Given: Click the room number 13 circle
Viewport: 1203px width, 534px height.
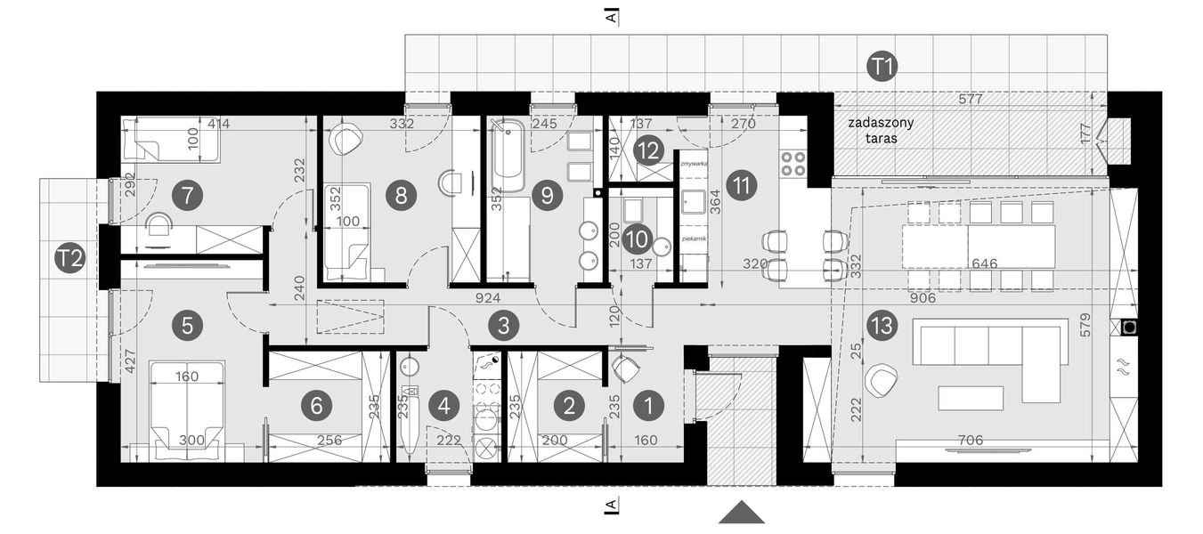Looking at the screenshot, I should (881, 327).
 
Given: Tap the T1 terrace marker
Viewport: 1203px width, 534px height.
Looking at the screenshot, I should (883, 66).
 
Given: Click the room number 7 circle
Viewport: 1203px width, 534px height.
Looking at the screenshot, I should (187, 195).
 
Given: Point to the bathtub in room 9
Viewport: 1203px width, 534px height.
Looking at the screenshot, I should (509, 158).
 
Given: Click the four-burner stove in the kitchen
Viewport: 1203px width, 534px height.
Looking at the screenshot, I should (793, 163).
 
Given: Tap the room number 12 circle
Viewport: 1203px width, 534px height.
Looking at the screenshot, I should (649, 150).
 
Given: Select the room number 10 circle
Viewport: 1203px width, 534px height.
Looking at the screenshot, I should (636, 238).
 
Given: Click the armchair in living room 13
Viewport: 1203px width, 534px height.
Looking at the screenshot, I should (881, 380).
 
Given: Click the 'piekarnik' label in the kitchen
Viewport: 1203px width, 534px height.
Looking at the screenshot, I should (693, 239).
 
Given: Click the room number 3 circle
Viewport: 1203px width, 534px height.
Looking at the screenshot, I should (503, 326).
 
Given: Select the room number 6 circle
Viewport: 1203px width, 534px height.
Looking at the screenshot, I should (316, 406).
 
